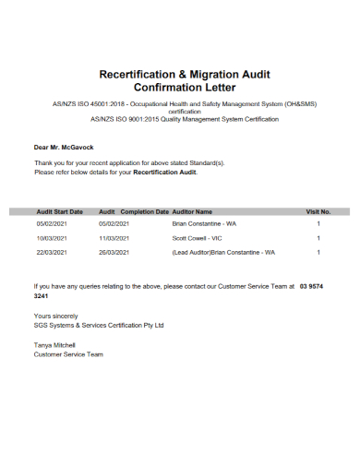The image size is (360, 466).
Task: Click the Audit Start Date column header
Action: [x=59, y=211]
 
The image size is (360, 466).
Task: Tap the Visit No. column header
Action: [x=318, y=211]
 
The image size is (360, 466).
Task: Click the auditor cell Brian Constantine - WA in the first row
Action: [x=205, y=223]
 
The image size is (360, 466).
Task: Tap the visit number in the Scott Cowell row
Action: [x=318, y=238]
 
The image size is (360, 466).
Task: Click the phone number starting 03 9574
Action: [x=312, y=287]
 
